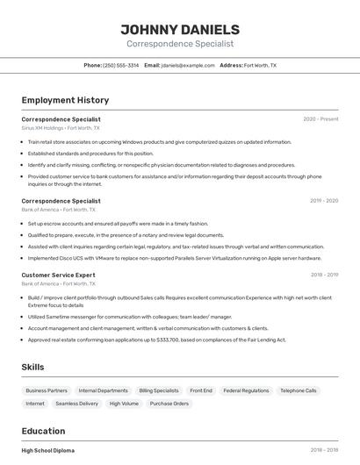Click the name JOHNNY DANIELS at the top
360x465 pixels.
[179, 30]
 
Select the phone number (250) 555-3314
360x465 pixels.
[120, 65]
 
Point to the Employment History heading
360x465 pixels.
[65, 100]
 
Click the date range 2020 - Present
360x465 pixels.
[320, 119]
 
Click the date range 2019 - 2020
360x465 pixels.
[323, 201]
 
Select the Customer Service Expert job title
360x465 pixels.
[58, 275]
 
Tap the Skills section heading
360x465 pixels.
[33, 367]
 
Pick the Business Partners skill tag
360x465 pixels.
[47, 390]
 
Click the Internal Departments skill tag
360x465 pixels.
[103, 390]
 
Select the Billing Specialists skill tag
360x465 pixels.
[159, 390]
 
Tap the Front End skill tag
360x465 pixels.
[201, 390]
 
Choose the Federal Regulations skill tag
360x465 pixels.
[246, 390]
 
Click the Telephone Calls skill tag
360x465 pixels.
[299, 390]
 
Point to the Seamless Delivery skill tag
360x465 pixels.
[77, 404]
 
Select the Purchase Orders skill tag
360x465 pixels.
[169, 404]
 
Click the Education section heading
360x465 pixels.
[43, 431]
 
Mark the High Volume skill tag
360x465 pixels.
[124, 404]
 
